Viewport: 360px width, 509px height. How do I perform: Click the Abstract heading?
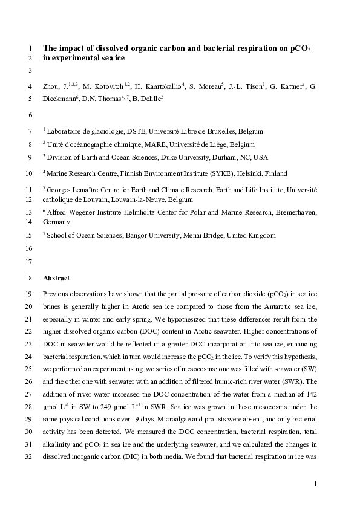(56, 279)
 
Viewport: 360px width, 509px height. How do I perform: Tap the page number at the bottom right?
(315, 484)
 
